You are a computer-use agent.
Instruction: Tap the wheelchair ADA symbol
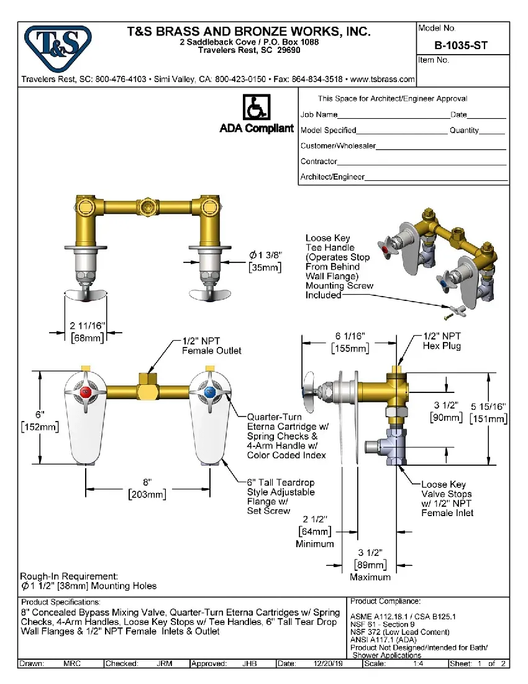coord(255,108)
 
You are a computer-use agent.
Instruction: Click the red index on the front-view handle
coord(85,392)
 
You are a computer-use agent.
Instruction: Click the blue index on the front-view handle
coord(209,392)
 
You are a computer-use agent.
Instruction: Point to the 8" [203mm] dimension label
coord(147,489)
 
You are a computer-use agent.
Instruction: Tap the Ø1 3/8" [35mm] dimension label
coord(266,261)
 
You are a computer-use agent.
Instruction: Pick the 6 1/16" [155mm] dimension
coord(350,342)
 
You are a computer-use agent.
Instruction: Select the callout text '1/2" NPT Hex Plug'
coord(442,341)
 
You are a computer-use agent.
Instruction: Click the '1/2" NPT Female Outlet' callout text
coord(211,346)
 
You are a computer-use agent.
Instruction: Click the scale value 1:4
coord(422,663)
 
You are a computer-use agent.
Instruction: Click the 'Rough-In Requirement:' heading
coord(69,576)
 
